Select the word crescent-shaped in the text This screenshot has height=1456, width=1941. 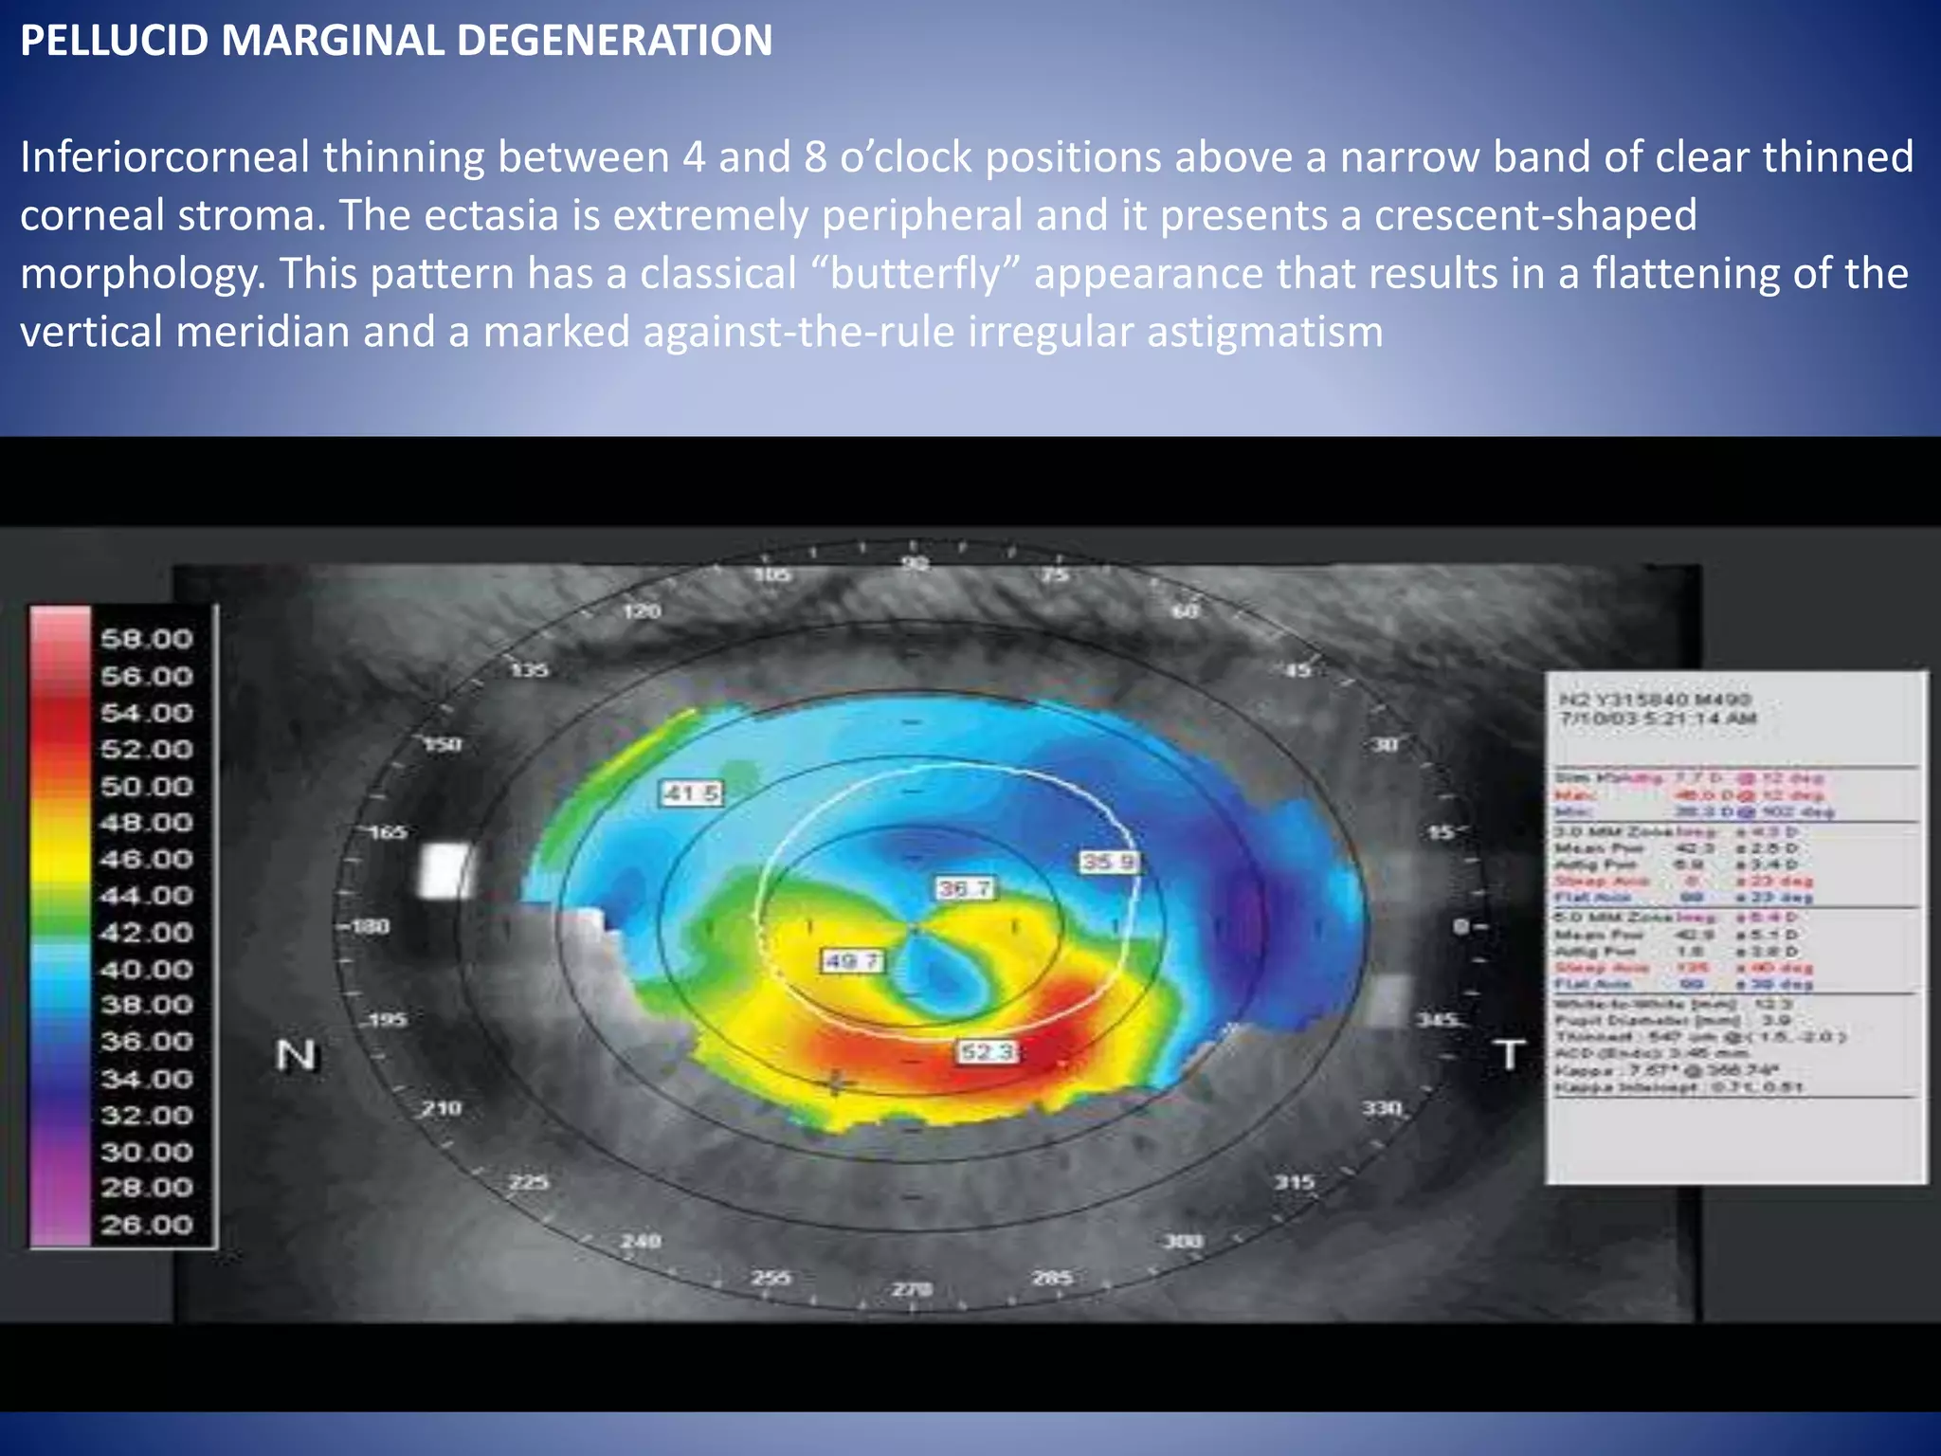coord(1535,215)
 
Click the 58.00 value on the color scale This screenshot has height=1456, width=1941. coord(147,639)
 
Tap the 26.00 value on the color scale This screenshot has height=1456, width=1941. coord(147,1225)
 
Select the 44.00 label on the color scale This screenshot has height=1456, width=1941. coord(147,896)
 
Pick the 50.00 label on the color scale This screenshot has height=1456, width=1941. coord(147,786)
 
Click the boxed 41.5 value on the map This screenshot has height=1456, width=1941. coord(691,793)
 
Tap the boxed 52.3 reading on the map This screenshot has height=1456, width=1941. coord(987,1052)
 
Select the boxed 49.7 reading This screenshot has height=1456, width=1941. coord(852,962)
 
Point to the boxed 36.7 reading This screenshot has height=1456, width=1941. coord(965,888)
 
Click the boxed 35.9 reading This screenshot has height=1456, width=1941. coord(1109,863)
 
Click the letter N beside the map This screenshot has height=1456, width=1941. coord(296,1055)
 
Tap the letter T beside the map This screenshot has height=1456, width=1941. coord(1509,1055)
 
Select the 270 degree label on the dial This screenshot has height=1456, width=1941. coord(912,1289)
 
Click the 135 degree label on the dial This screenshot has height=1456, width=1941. coord(530,670)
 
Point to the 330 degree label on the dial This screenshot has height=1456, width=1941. coord(1382,1107)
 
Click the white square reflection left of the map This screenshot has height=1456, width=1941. coord(445,870)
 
